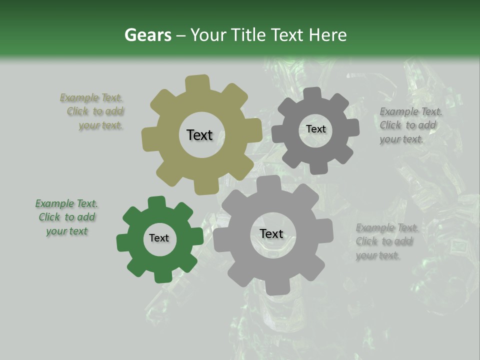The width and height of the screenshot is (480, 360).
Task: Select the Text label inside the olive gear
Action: click(x=199, y=135)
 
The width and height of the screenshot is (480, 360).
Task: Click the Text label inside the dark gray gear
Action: click(x=315, y=129)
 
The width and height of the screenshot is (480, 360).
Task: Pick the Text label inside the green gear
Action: click(x=159, y=238)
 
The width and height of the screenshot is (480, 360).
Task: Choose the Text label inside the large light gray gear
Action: click(x=271, y=233)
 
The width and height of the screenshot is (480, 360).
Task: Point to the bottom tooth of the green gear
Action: click(x=162, y=276)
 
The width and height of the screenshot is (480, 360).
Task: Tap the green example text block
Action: click(x=67, y=217)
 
